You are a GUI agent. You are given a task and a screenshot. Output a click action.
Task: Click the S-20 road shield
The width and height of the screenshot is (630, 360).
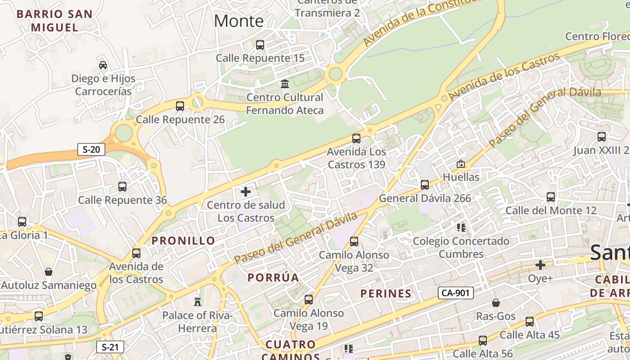tap(91, 149)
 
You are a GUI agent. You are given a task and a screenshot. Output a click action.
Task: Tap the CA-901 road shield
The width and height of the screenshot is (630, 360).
tap(455, 293)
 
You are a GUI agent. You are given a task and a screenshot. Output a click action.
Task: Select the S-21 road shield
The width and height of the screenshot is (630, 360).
tap(110, 347)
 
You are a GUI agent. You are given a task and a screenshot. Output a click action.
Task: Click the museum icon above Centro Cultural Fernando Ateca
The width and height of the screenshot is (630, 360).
tap(285, 84)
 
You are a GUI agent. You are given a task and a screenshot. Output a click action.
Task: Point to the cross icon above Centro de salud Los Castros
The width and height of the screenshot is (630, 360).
tap(246, 192)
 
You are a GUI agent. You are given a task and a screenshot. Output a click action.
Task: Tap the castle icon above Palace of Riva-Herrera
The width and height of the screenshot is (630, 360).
tap(197, 301)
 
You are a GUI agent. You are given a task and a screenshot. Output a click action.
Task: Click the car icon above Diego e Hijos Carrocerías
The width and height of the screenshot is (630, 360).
tap(103, 65)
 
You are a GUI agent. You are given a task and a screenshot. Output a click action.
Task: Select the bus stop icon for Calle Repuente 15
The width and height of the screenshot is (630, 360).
tap(260, 45)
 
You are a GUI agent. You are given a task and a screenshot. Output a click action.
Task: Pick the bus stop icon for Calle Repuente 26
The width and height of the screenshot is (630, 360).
tap(180, 106)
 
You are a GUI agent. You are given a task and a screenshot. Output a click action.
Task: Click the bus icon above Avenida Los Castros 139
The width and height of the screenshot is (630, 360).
tap(356, 139)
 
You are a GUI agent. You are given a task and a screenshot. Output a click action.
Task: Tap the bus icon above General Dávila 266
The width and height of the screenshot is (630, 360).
tap(425, 185)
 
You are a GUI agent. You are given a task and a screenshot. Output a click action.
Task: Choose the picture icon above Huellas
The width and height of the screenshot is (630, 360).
tap(461, 164)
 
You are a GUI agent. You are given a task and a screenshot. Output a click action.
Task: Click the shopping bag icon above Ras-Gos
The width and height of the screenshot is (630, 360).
tap(495, 303)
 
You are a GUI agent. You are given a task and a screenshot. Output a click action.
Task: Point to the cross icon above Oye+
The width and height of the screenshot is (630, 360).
tap(540, 265)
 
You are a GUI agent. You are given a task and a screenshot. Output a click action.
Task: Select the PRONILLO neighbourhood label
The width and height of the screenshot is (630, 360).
tap(184, 241)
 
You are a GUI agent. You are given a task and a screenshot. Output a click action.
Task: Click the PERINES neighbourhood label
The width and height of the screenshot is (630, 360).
tap(386, 294)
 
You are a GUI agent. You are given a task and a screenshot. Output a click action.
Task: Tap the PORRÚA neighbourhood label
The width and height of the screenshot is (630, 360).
tap(274, 277)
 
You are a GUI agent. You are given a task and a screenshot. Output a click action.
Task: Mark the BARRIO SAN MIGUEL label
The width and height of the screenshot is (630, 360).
tap(54, 21)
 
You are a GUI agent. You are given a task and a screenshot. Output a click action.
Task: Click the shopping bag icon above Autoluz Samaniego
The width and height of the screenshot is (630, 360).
tap(49, 272)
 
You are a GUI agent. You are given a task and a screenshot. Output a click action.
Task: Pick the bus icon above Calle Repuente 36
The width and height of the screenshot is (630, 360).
tap(122, 187)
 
